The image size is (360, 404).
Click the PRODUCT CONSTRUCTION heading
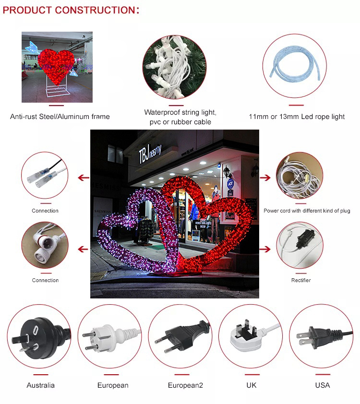[71, 10]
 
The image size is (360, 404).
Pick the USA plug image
[321, 335]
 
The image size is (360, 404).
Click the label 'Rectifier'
[301, 280]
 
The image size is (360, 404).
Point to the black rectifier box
[303, 241]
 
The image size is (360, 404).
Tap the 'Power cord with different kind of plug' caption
[307, 211]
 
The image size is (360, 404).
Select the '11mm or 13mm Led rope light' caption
[297, 117]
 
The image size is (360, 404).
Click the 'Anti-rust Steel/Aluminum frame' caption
[60, 117]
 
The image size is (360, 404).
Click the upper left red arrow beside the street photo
[84, 178]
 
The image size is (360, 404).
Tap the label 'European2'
[185, 385]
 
